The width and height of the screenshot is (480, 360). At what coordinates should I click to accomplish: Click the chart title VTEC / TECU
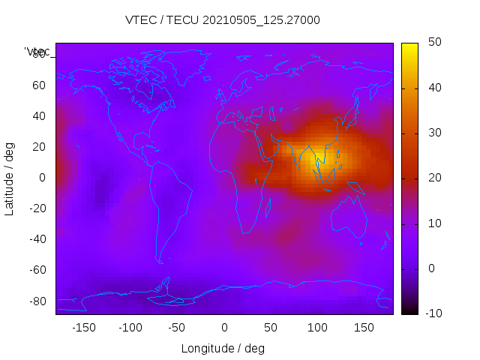[x=223, y=20]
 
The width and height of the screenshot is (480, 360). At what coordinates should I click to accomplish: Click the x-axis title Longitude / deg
[x=223, y=348]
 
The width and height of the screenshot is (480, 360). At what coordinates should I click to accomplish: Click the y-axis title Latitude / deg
[x=10, y=177]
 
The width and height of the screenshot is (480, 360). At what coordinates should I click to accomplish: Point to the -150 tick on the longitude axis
[x=84, y=328]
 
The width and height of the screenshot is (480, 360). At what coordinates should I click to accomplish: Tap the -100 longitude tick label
[x=130, y=328]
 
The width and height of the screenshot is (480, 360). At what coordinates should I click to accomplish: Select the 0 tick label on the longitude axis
[x=224, y=328]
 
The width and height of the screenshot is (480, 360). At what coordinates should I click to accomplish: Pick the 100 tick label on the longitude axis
[x=317, y=328]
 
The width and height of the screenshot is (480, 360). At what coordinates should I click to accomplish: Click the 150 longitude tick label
[x=364, y=328]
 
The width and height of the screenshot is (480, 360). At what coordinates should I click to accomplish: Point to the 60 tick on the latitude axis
[x=39, y=85]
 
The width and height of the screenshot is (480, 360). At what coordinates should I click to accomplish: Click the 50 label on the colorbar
[x=434, y=43]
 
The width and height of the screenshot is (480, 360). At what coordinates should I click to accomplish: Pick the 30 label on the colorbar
[x=434, y=133]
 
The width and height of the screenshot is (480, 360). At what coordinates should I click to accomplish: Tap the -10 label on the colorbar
[x=432, y=313]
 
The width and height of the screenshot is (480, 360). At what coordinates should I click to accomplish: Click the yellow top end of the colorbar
[x=409, y=46]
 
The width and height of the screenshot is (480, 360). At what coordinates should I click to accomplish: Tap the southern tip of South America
[x=160, y=262]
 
